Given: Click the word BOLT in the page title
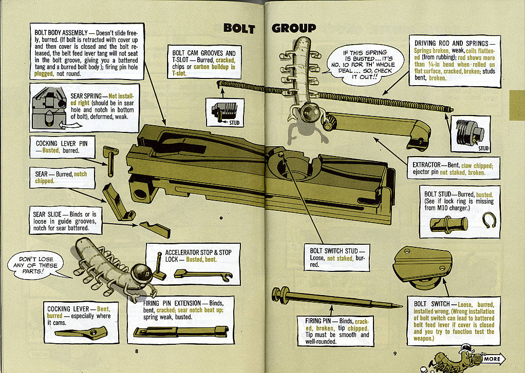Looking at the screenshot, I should (239, 28).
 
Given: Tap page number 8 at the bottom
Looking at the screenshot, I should (137, 351).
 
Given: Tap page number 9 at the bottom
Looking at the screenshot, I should (395, 353).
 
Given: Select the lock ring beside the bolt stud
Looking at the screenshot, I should (490, 221).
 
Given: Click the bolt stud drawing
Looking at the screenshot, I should (448, 224).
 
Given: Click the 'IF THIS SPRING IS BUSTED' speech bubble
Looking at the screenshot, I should (365, 63).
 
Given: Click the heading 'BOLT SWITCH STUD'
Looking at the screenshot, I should (336, 251).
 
